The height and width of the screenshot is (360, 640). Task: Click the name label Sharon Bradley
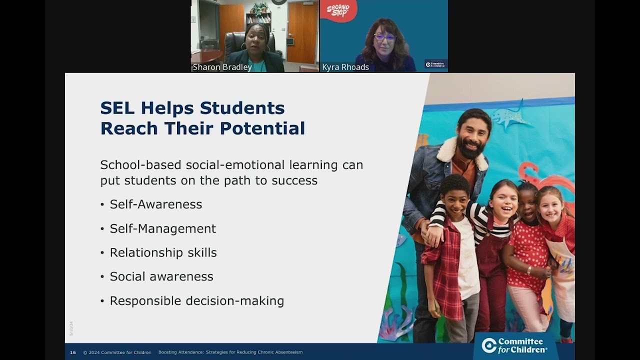[222, 67]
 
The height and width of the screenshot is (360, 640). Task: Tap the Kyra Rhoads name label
[345, 67]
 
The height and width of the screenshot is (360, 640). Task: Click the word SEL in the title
[117, 108]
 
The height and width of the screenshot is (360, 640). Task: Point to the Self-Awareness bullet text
[156, 204]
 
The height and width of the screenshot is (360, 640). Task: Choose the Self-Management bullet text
[163, 228]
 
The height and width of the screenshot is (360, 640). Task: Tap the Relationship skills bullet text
[163, 252]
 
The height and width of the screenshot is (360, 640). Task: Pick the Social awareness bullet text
[161, 276]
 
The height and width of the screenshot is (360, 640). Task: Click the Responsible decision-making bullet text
[197, 300]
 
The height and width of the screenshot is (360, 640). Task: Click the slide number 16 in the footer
[73, 352]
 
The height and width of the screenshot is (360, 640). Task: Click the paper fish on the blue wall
[509, 116]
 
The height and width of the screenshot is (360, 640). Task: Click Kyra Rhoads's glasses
[384, 37]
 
